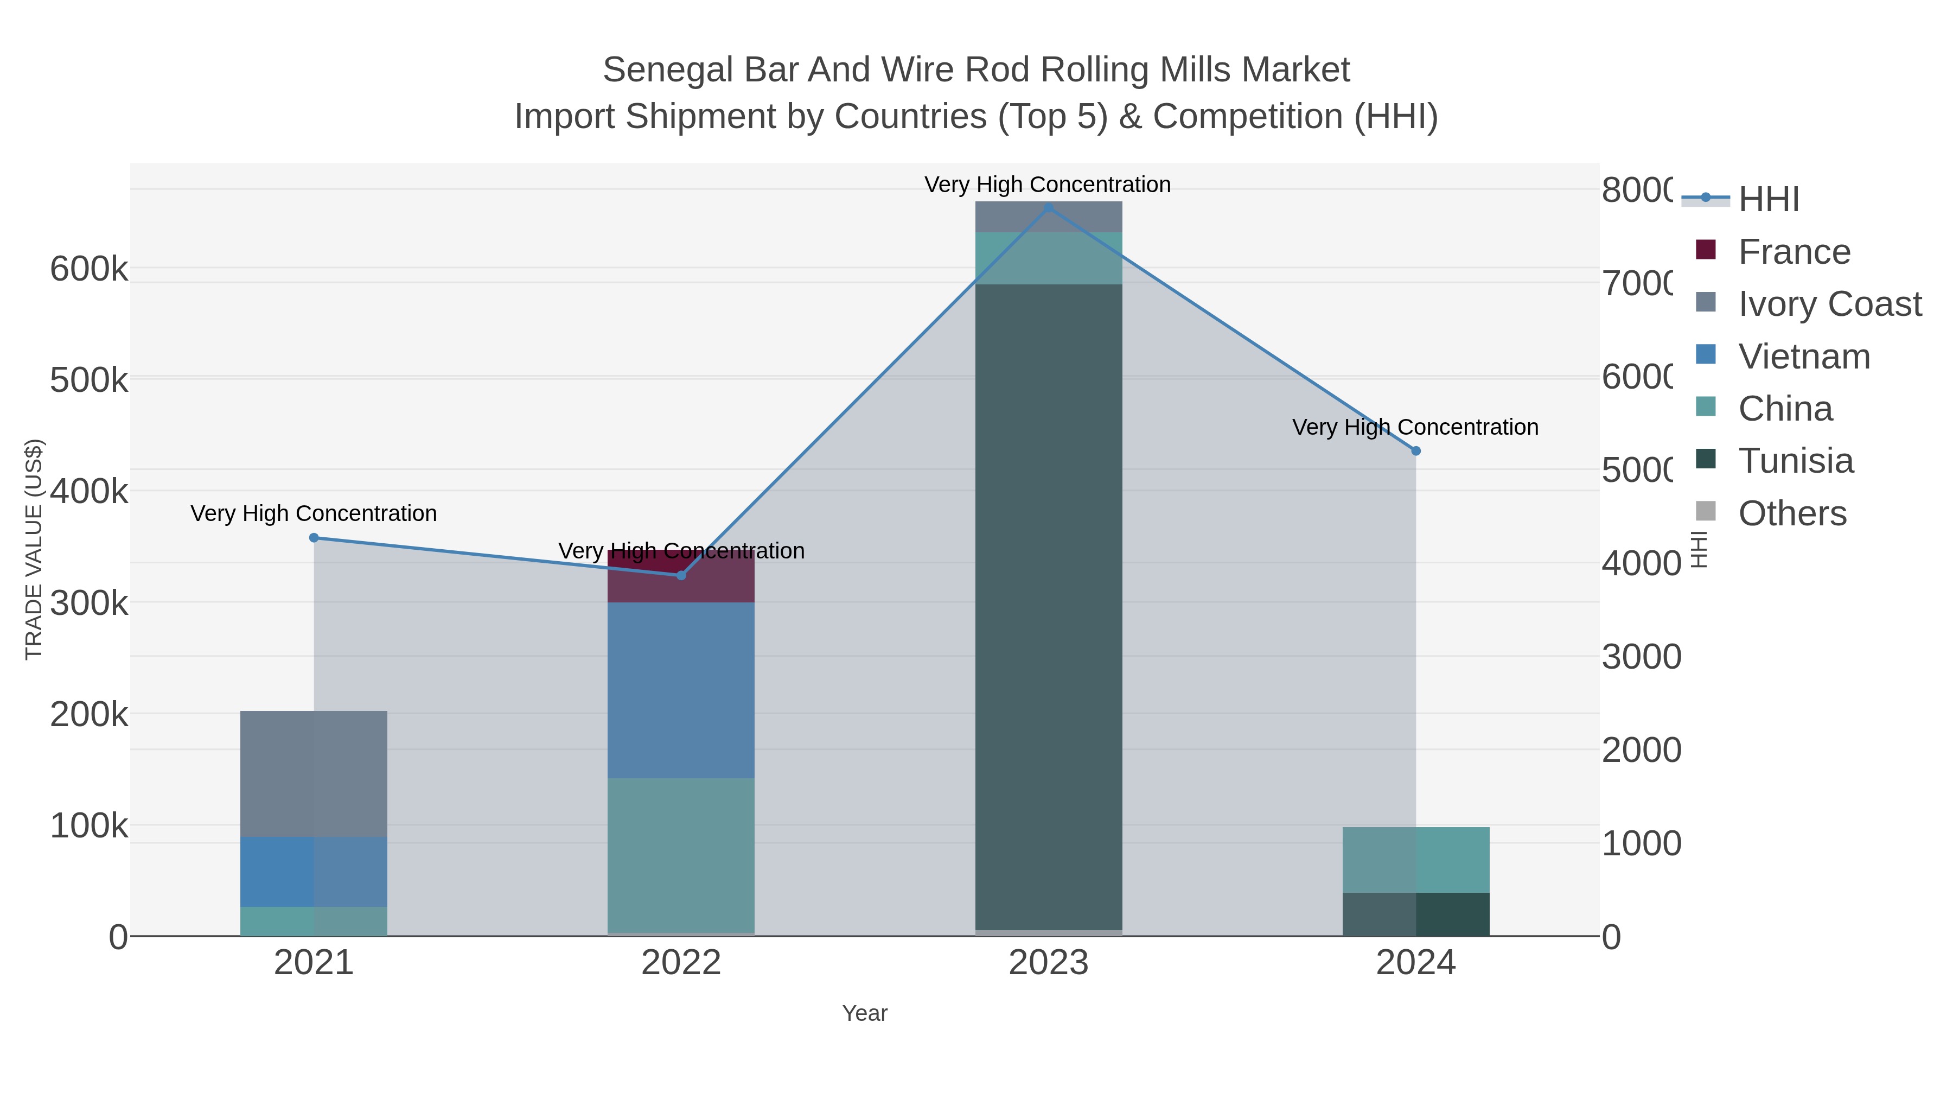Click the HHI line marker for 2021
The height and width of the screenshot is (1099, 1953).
314,538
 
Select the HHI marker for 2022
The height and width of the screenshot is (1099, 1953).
681,576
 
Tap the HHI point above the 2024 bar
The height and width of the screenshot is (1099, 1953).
1415,450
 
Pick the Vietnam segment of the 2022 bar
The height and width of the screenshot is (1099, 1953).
681,690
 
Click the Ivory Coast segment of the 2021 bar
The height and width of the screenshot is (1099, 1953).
314,773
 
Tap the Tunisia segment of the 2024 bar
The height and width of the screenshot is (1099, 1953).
1415,914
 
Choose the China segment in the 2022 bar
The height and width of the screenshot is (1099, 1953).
681,855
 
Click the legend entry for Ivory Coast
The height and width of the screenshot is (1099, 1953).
1829,304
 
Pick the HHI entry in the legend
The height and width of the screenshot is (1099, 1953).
1768,200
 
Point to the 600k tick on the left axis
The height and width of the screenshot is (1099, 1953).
89,269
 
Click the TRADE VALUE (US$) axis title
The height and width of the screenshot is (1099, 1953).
34,549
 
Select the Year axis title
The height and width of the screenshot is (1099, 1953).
864,1013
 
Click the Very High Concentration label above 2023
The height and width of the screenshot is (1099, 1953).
1047,185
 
